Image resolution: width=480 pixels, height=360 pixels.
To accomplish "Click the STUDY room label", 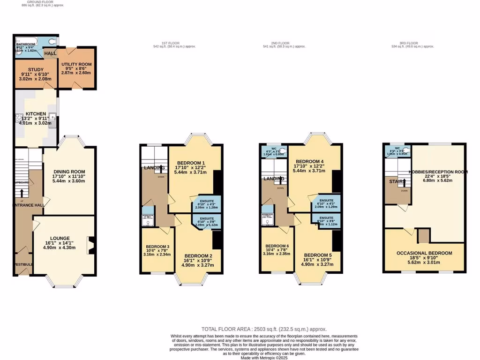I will point(36,69).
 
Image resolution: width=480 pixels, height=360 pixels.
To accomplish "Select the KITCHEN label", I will point(36,114).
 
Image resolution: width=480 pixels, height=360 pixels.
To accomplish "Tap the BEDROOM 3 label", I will point(157,247).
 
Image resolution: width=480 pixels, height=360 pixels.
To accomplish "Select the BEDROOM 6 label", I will point(277,246).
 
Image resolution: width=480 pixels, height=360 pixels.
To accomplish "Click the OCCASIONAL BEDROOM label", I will point(424,253).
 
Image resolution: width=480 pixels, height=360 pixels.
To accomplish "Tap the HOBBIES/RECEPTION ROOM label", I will point(439,172).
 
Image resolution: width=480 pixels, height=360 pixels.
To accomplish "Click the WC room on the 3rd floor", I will point(397,151).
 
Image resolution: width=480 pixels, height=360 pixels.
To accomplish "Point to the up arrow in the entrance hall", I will point(22,193).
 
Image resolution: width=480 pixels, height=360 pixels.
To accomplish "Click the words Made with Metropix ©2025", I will point(264,357).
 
